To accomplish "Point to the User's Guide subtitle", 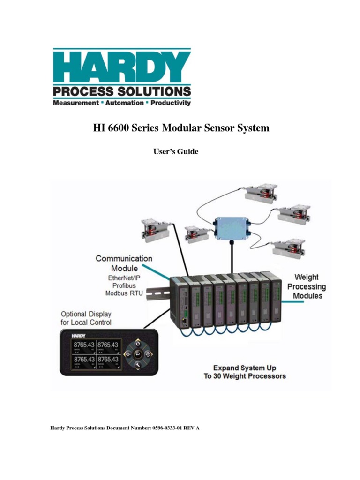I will click(173, 151).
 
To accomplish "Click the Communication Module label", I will click(124, 263).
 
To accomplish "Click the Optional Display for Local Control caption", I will click(86, 318).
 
